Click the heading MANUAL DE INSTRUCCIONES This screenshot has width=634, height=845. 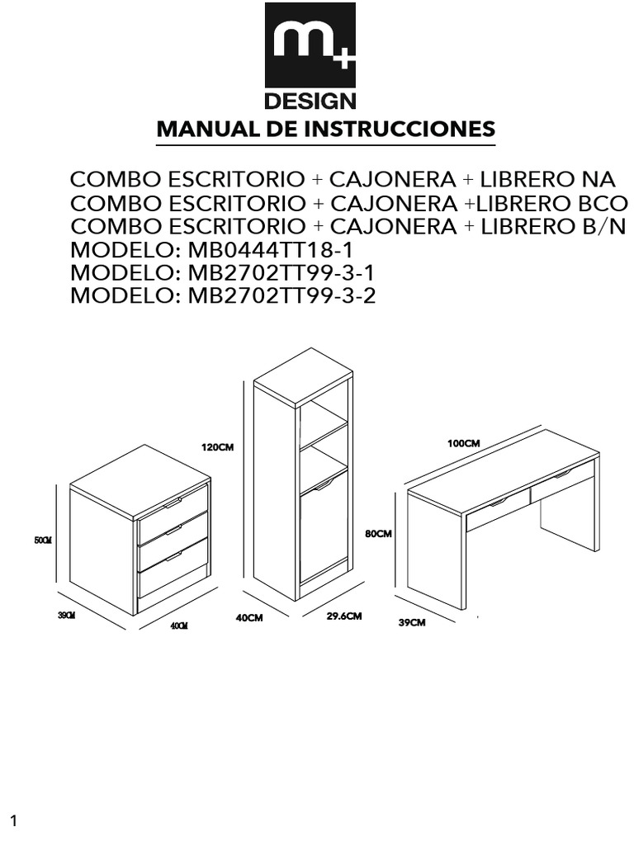[x=326, y=130]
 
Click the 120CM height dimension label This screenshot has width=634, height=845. [x=218, y=447]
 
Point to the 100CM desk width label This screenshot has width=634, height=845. [x=463, y=443]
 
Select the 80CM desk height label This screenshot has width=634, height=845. [x=377, y=534]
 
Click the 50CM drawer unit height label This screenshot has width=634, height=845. [x=43, y=541]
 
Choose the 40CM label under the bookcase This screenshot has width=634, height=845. [x=248, y=617]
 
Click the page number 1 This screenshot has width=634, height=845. [x=14, y=820]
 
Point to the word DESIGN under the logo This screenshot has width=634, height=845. [x=310, y=102]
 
